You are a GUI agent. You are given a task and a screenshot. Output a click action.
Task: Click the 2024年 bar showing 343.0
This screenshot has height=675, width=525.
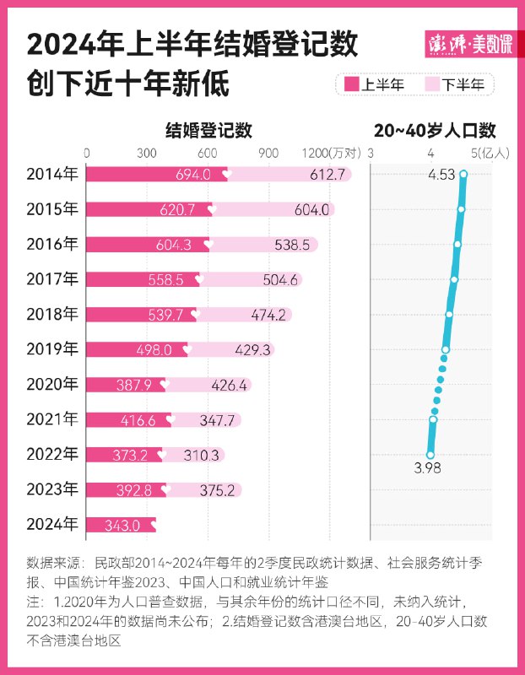click(121, 525)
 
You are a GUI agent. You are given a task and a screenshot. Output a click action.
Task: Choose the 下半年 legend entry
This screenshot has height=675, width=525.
click(457, 84)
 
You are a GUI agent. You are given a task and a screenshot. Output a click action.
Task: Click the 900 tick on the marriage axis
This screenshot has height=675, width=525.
click(268, 153)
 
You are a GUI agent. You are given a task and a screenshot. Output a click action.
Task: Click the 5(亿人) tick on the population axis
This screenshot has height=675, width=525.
click(488, 153)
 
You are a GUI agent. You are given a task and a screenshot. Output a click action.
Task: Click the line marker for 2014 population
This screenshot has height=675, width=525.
click(463, 175)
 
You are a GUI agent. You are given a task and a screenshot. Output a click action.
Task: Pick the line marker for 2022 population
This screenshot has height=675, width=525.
click(430, 454)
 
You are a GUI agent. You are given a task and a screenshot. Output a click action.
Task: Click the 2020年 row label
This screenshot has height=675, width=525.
click(51, 384)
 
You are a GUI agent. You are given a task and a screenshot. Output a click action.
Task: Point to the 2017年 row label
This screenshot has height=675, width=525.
click(51, 279)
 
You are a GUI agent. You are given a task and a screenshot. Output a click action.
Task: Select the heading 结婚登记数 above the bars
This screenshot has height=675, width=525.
click(208, 131)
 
